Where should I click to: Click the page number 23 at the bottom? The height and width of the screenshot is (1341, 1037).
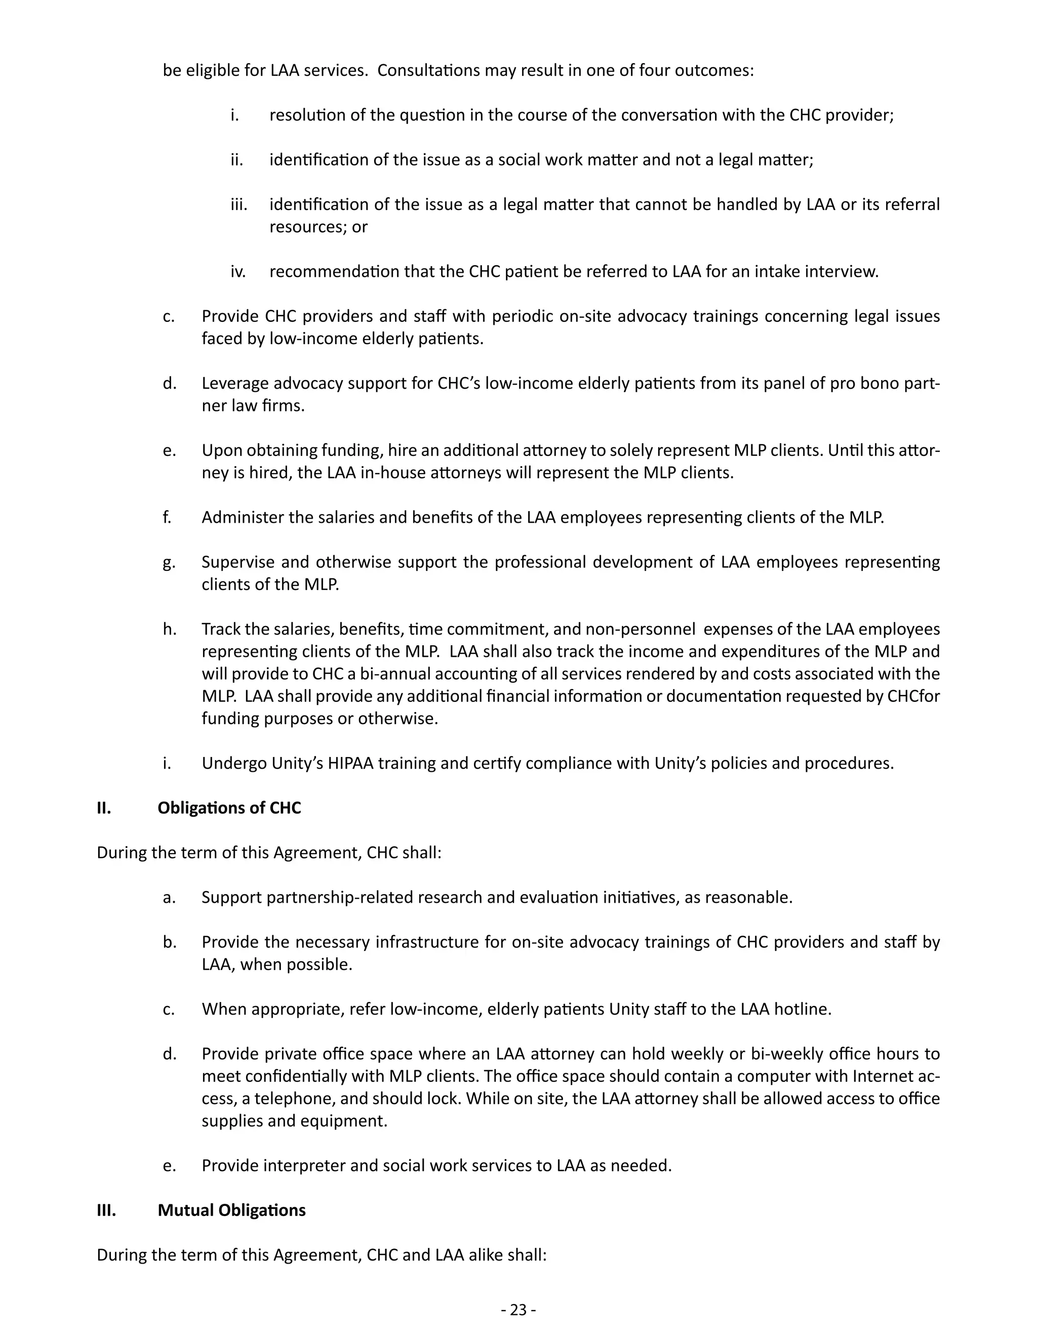click(518, 1310)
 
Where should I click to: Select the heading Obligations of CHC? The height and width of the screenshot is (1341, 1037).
click(229, 808)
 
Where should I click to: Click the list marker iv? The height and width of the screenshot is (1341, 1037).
click(238, 271)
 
